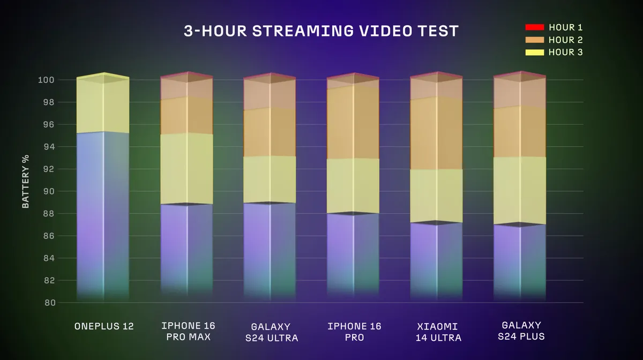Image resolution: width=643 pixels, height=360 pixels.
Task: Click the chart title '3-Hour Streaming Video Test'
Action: (321, 31)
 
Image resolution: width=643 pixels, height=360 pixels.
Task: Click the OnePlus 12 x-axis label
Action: (103, 326)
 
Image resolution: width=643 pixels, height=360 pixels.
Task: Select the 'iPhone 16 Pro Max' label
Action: (186, 332)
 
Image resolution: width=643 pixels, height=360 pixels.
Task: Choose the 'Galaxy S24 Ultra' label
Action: (270, 332)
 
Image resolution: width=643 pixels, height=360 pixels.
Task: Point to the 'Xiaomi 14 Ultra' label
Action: (436, 332)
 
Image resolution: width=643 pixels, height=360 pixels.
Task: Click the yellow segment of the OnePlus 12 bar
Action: (103, 107)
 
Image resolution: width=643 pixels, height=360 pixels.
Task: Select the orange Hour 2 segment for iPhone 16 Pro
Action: (353, 122)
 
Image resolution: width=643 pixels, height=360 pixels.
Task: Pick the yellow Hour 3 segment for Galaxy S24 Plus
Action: (519, 190)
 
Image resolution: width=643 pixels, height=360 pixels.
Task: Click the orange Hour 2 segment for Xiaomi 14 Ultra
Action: (436, 133)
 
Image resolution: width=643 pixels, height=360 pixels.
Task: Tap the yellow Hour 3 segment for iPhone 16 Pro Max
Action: (186, 168)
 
